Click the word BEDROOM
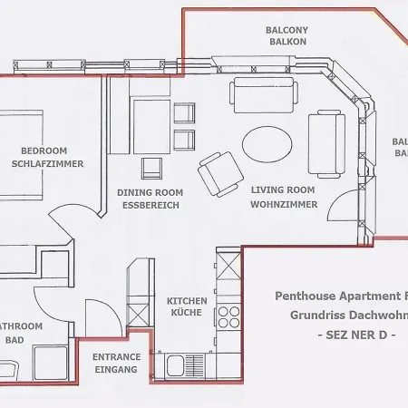[x=43, y=151]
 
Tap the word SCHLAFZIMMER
[x=48, y=164]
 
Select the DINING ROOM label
[x=150, y=192]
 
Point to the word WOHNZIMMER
[x=284, y=205]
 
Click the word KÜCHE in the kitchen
[x=187, y=314]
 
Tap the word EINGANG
[x=116, y=370]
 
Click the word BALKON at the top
[x=287, y=42]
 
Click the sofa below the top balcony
[x=264, y=93]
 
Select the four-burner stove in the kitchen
[x=228, y=317]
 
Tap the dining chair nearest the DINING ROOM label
[x=152, y=168]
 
